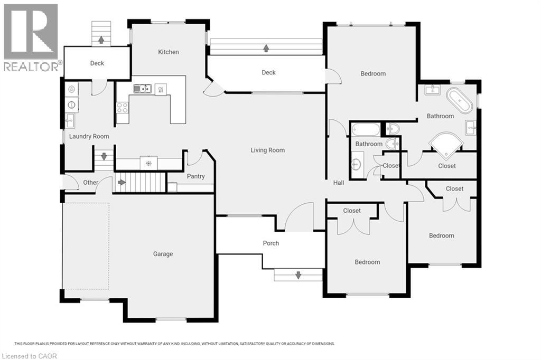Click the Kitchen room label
169,52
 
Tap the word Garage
163,254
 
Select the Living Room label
267,150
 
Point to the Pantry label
195,176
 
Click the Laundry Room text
89,136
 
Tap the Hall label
339,183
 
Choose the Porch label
271,243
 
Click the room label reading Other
91,183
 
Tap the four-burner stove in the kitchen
122,107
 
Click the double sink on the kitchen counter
142,89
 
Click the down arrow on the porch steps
298,275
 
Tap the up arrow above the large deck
266,49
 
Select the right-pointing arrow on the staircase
122,183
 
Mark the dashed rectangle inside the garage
86,245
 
